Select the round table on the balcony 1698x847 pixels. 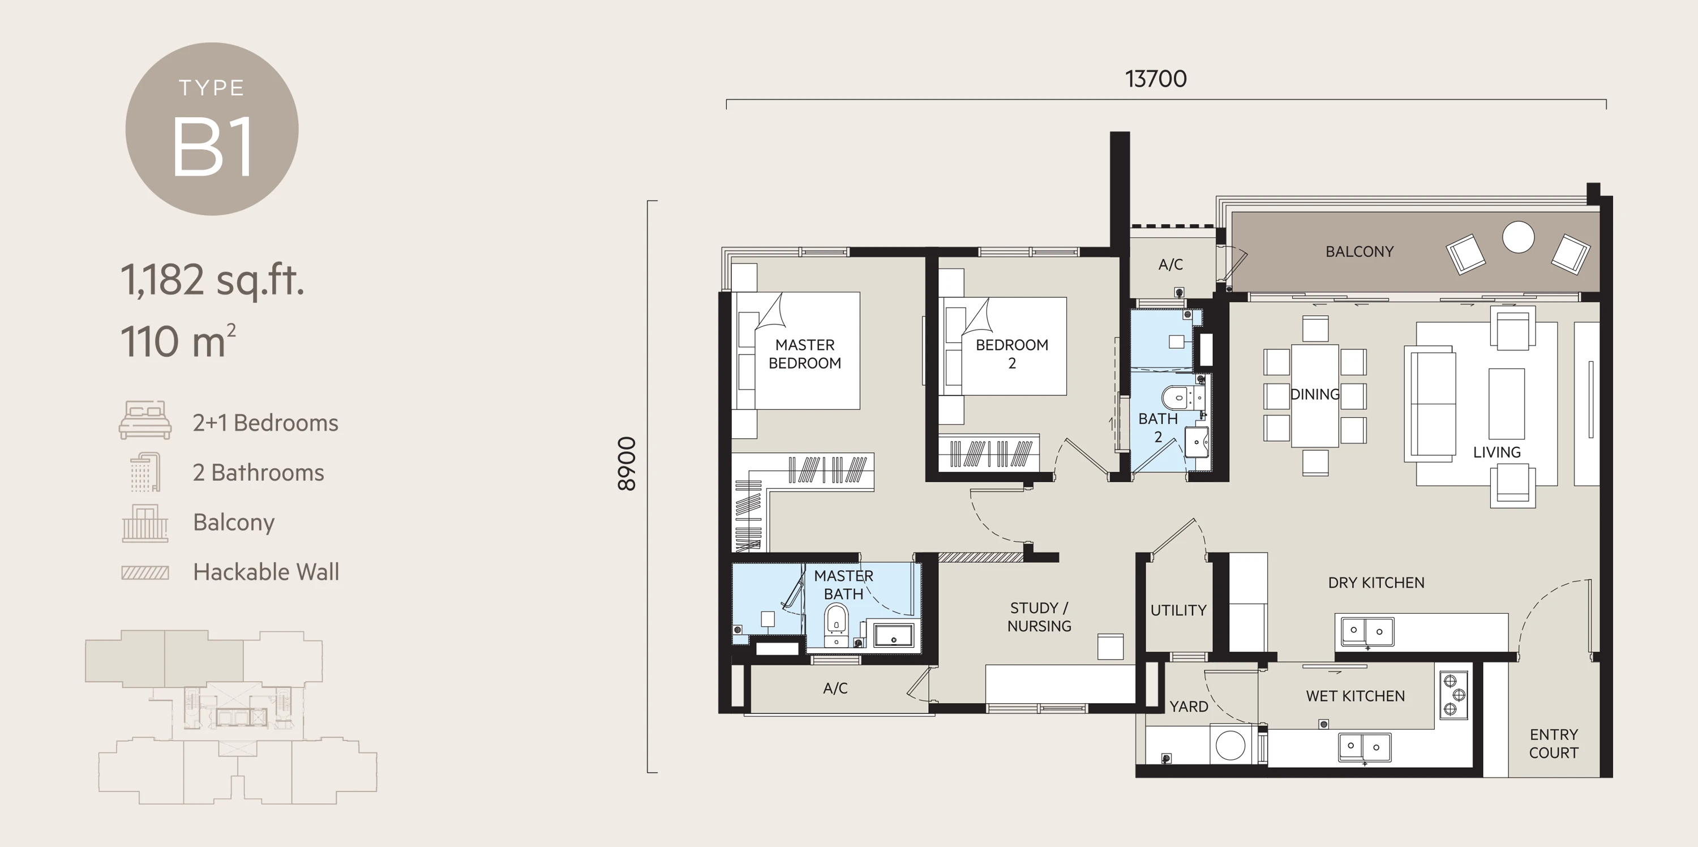(x=1518, y=237)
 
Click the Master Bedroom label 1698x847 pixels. (x=804, y=354)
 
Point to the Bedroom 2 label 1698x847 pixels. (x=1012, y=354)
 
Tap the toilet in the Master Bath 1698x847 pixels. (x=836, y=619)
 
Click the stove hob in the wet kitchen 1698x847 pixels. (x=1453, y=695)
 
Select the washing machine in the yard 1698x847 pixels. (x=1230, y=746)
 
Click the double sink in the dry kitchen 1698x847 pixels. (x=1366, y=631)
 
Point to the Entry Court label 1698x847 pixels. (x=1553, y=743)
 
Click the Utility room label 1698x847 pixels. (x=1178, y=610)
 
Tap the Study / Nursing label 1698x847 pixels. (x=1039, y=617)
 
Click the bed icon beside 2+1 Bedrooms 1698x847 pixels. (x=145, y=420)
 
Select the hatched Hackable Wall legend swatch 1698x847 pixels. (x=145, y=572)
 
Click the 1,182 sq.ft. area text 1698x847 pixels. (x=212, y=280)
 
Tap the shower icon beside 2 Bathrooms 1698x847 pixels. (x=145, y=472)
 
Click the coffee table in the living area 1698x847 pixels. (x=1506, y=403)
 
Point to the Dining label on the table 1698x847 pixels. (x=1314, y=394)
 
